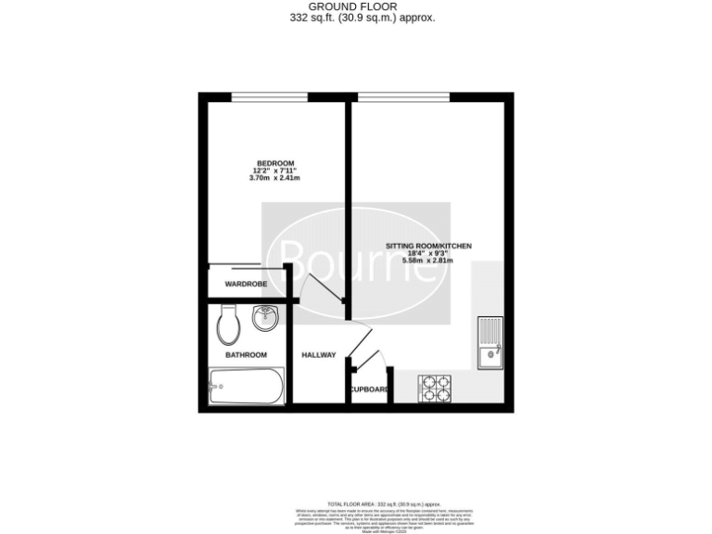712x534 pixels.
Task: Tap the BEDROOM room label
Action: [275, 163]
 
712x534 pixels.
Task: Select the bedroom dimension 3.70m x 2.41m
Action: [275, 178]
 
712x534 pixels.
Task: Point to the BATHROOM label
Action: [247, 354]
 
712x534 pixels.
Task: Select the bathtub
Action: [247, 385]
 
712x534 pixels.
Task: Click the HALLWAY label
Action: [319, 355]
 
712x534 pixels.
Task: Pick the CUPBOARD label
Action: [369, 389]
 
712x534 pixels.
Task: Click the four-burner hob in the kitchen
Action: [434, 388]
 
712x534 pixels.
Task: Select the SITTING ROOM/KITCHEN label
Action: [428, 246]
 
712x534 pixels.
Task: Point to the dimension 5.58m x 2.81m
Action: [427, 261]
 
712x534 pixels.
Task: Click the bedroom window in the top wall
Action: [269, 96]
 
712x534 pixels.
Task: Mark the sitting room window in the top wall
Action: [403, 96]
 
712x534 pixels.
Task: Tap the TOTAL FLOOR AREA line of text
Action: [356, 502]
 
